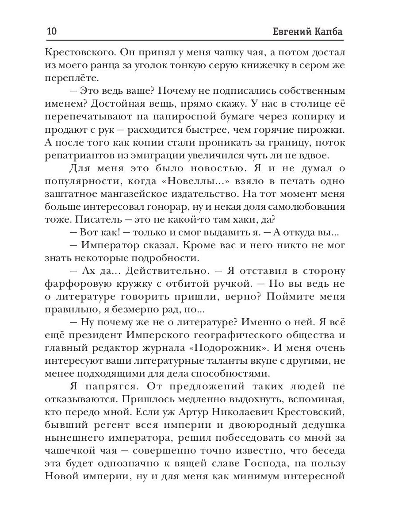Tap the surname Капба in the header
coord(328,33)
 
